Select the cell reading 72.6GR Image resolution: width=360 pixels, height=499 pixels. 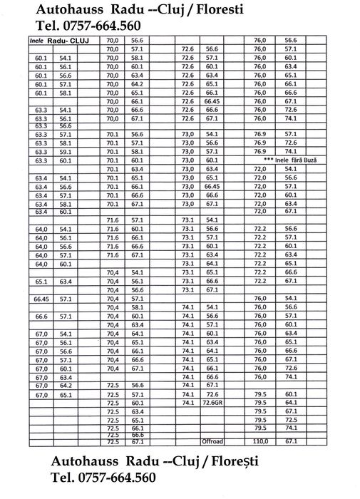tap(212, 402)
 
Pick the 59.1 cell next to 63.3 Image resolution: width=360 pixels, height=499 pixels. tap(66, 151)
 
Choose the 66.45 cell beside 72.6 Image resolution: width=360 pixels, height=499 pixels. tap(212, 101)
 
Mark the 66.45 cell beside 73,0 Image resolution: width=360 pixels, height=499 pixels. tap(212, 185)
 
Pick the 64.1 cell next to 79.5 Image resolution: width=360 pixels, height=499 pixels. tap(291, 402)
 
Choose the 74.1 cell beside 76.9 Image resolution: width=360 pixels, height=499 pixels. tap(291, 151)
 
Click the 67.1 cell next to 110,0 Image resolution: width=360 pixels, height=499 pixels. tap(291, 441)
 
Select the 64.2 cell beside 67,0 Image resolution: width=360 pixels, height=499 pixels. tap(66, 385)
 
